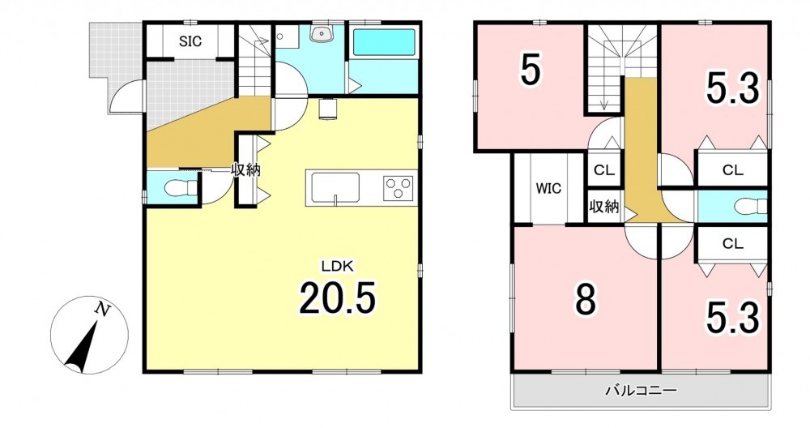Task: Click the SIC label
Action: coord(190,41)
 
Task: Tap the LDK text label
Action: coord(337,267)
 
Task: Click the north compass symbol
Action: coord(89,335)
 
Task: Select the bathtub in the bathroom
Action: coord(384,43)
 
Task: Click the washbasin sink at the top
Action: coord(322,33)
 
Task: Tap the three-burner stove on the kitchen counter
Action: coord(398,188)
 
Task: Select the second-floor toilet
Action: coord(750,206)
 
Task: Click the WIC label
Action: coord(548,189)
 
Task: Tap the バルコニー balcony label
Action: coord(641,390)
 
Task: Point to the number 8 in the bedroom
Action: coord(586,299)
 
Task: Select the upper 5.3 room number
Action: coord(732,88)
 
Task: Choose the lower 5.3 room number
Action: coord(732,318)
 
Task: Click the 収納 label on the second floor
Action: coord(604,207)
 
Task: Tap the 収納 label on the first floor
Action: coord(245,169)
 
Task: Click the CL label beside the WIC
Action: coord(604,170)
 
